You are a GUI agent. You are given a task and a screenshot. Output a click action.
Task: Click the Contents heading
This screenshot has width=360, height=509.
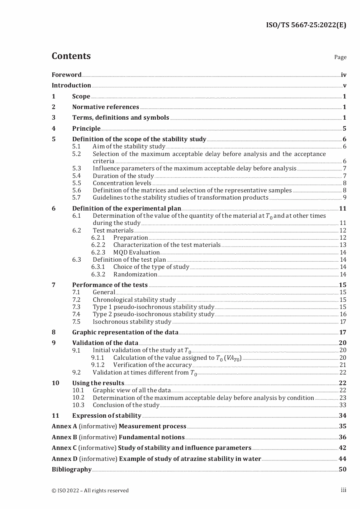pos(71,56)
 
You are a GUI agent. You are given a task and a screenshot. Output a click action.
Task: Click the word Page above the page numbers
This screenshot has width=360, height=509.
pos(340,57)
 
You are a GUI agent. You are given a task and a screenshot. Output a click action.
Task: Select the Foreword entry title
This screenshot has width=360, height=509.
pos(67,75)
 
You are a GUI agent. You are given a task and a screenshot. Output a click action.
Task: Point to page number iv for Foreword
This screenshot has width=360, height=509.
pos(343,75)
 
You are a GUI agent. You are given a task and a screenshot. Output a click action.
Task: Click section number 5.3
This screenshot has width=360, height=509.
pos(77,168)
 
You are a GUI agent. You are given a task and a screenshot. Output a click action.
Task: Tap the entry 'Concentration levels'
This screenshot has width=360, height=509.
pos(122,183)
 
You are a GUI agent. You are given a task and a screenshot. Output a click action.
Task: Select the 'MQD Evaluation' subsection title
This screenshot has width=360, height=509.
pos(136,252)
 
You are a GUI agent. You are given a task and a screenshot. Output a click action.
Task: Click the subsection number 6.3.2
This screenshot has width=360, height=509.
pos(98,274)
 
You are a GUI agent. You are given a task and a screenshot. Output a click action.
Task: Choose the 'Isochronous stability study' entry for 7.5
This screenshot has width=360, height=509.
pos(132,322)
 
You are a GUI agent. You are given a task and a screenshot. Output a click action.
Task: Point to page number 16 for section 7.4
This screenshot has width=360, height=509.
pos(343,314)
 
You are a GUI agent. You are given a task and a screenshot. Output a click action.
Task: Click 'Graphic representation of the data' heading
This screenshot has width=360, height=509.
pos(125,332)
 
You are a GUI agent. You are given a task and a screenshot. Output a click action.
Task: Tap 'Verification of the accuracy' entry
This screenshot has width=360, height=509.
pos(152,365)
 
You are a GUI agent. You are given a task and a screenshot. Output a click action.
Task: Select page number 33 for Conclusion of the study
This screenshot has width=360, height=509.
pos(343,405)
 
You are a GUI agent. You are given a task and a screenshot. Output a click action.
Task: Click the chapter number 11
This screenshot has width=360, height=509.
pos(55,415)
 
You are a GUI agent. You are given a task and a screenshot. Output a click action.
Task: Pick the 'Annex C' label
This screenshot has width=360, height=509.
pos(64,448)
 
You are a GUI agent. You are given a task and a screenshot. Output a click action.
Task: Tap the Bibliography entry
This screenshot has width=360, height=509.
pos(72,469)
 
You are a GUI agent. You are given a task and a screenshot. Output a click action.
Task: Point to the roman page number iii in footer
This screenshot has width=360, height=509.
pos(343,490)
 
